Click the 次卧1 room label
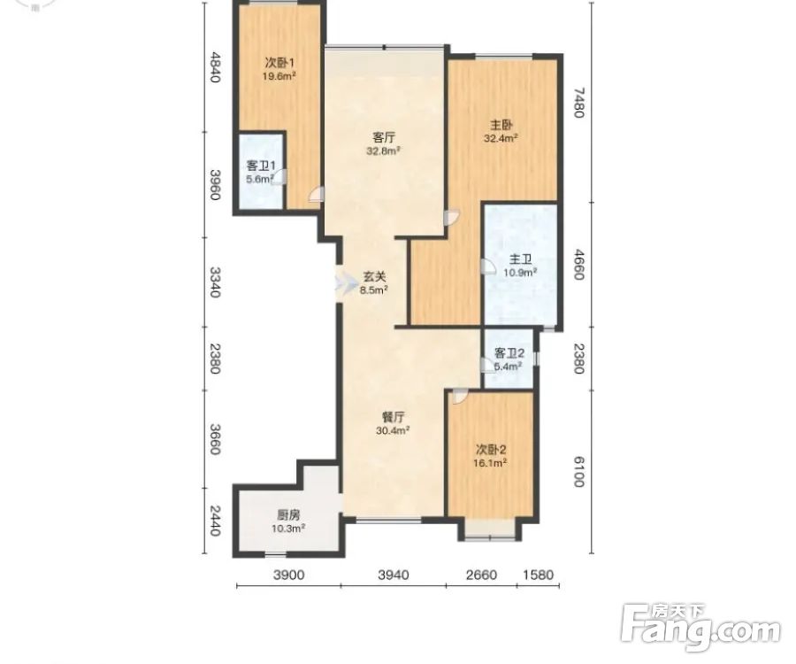click(279, 63)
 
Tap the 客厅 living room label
click(384, 138)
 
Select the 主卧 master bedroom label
click(501, 125)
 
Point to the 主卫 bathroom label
click(520, 259)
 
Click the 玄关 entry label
click(374, 277)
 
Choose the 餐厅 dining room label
click(393, 417)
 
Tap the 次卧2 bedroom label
click(491, 450)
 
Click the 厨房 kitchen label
click(287, 515)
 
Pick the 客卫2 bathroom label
click(509, 353)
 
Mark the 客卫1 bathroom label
click(261, 166)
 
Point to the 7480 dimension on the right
click(578, 103)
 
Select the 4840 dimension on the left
click(215, 67)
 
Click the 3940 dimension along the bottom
click(394, 575)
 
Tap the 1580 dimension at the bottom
click(538, 575)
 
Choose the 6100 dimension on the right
click(578, 472)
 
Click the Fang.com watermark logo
click(700, 629)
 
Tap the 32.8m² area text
click(384, 151)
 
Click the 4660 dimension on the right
click(578, 264)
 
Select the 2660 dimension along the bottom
click(481, 575)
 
